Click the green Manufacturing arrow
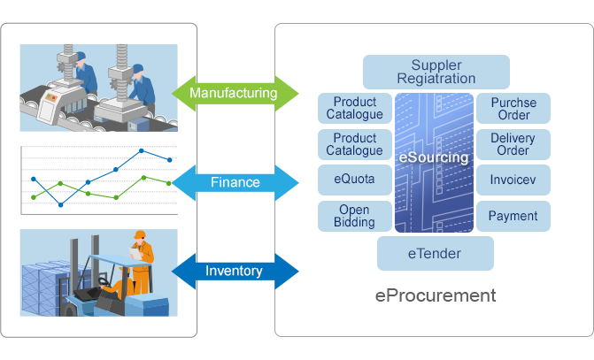[x=235, y=93]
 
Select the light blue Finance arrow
[x=235, y=182]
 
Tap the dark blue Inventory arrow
[x=235, y=271]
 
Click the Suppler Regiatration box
[x=436, y=72]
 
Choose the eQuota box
[x=355, y=180]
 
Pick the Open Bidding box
[x=355, y=216]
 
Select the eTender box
[x=436, y=253]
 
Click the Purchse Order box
[x=513, y=108]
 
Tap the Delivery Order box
[x=513, y=144]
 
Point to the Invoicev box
[x=513, y=180]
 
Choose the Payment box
[x=513, y=216]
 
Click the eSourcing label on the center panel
[x=434, y=157]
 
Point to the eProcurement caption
[x=436, y=295]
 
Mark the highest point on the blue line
[x=142, y=150]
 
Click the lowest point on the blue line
[x=60, y=205]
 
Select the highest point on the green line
[x=143, y=178]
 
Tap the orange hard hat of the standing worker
[x=140, y=234]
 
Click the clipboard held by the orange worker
[x=135, y=253]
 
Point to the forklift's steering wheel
[x=104, y=282]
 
